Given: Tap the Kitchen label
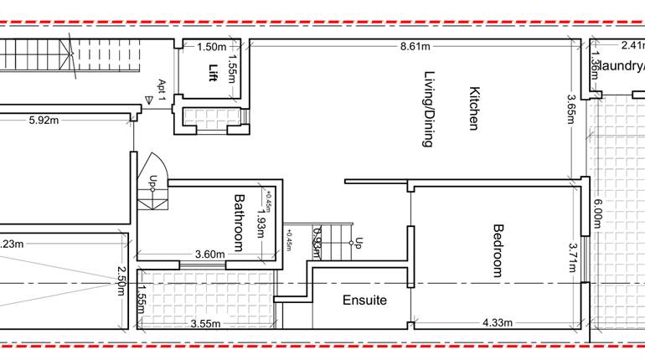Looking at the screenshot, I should (473, 109).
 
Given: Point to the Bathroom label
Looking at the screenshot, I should (239, 223).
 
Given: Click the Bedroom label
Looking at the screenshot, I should (497, 250).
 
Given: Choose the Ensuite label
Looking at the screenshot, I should (365, 300).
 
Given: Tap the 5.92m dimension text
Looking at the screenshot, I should (44, 121).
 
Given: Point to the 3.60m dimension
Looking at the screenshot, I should (210, 255).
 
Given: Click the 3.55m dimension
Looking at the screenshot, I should (206, 323).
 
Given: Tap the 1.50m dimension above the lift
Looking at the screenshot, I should (212, 48).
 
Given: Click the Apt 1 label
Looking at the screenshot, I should (163, 88).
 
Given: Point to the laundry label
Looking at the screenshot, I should (624, 66).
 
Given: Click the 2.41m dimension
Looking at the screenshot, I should (632, 47).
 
